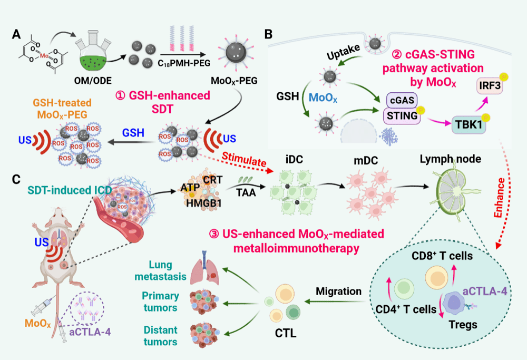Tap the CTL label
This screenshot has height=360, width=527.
tap(284, 333)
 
